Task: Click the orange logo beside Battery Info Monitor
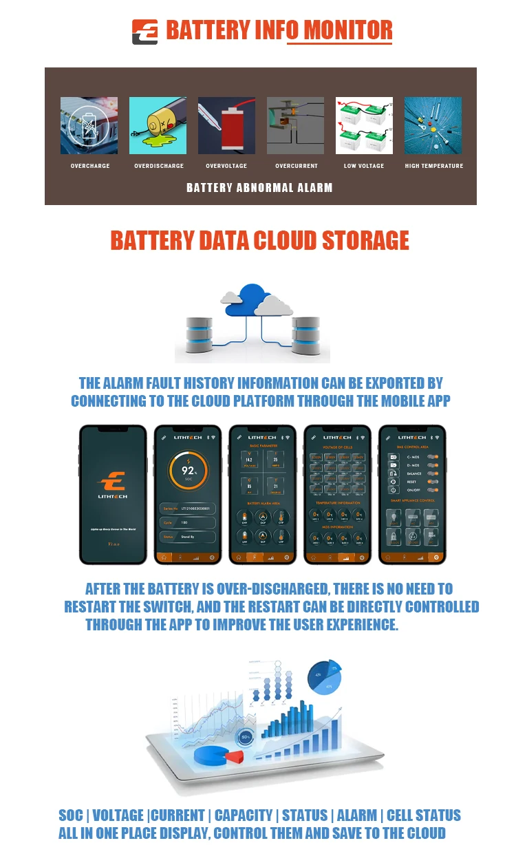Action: (x=144, y=32)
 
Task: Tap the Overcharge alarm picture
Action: (x=89, y=125)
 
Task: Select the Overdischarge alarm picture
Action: (x=158, y=125)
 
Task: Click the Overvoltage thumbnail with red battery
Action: (x=226, y=125)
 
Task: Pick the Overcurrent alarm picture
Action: (x=295, y=125)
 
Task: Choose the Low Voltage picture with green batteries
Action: (x=364, y=125)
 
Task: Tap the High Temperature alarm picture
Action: (x=433, y=125)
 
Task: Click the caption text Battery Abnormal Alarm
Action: (x=259, y=187)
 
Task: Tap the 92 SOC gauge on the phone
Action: (x=188, y=472)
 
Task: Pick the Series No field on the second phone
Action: (x=188, y=508)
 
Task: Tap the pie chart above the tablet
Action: (x=325, y=676)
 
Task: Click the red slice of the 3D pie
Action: (x=235, y=757)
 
